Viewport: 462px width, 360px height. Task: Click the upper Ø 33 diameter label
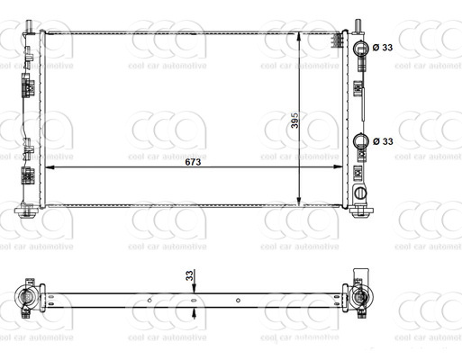(383, 47)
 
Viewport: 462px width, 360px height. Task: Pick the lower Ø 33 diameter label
(383, 140)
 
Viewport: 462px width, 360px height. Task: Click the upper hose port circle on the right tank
(362, 47)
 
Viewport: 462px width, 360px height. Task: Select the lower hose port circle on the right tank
(362, 140)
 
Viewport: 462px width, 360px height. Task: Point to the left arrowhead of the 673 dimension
(49, 167)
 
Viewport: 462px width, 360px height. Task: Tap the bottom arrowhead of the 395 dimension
(300, 202)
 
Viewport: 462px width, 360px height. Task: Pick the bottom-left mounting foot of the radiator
(25, 212)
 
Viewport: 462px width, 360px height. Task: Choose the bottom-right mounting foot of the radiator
(362, 211)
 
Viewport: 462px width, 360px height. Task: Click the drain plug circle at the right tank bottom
(360, 193)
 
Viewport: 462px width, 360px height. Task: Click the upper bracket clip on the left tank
(27, 88)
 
